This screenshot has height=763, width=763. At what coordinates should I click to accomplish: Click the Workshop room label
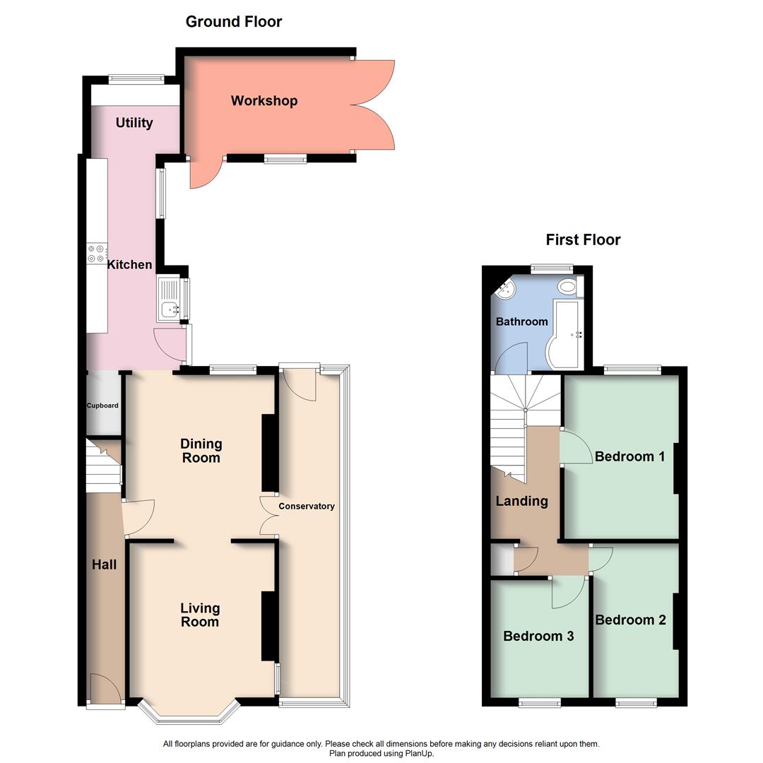coord(264,101)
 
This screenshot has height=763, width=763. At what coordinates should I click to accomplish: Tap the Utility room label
coord(134,123)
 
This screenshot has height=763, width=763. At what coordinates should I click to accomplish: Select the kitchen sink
coord(170,309)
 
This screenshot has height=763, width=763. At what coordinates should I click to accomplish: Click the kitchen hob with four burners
coord(96,254)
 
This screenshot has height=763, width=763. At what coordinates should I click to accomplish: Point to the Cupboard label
coord(102,406)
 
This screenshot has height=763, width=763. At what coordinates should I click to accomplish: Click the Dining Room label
coord(201,451)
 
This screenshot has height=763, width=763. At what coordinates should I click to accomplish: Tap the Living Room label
coord(200,615)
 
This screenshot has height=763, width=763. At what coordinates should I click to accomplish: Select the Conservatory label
coord(306,506)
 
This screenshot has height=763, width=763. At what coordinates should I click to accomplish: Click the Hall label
coord(104,564)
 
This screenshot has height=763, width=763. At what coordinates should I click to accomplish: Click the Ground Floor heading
coord(234,22)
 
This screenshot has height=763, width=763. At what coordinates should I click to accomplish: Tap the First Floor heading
coord(583,240)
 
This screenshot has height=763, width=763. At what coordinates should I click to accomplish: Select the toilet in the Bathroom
coord(567,287)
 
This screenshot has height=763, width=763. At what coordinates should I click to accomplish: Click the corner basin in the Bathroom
coord(507,288)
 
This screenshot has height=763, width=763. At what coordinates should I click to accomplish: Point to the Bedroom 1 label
coord(629,456)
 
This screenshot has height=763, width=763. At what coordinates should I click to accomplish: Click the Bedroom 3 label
coord(538,636)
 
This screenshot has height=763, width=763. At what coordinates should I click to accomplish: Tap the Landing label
coord(521,501)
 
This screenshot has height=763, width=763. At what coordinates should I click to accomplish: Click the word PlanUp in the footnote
coord(420,754)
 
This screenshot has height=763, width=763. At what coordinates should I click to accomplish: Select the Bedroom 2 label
coord(630,620)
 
